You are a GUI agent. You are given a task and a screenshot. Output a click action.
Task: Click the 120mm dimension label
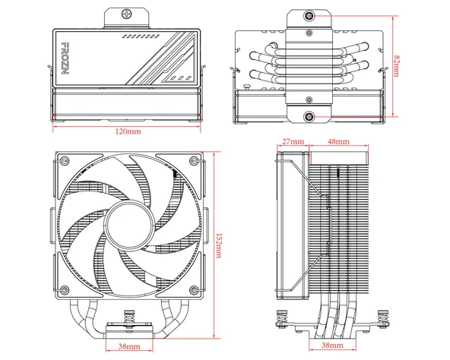(x=127, y=132)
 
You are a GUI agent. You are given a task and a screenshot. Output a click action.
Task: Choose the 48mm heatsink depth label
(x=338, y=142)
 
